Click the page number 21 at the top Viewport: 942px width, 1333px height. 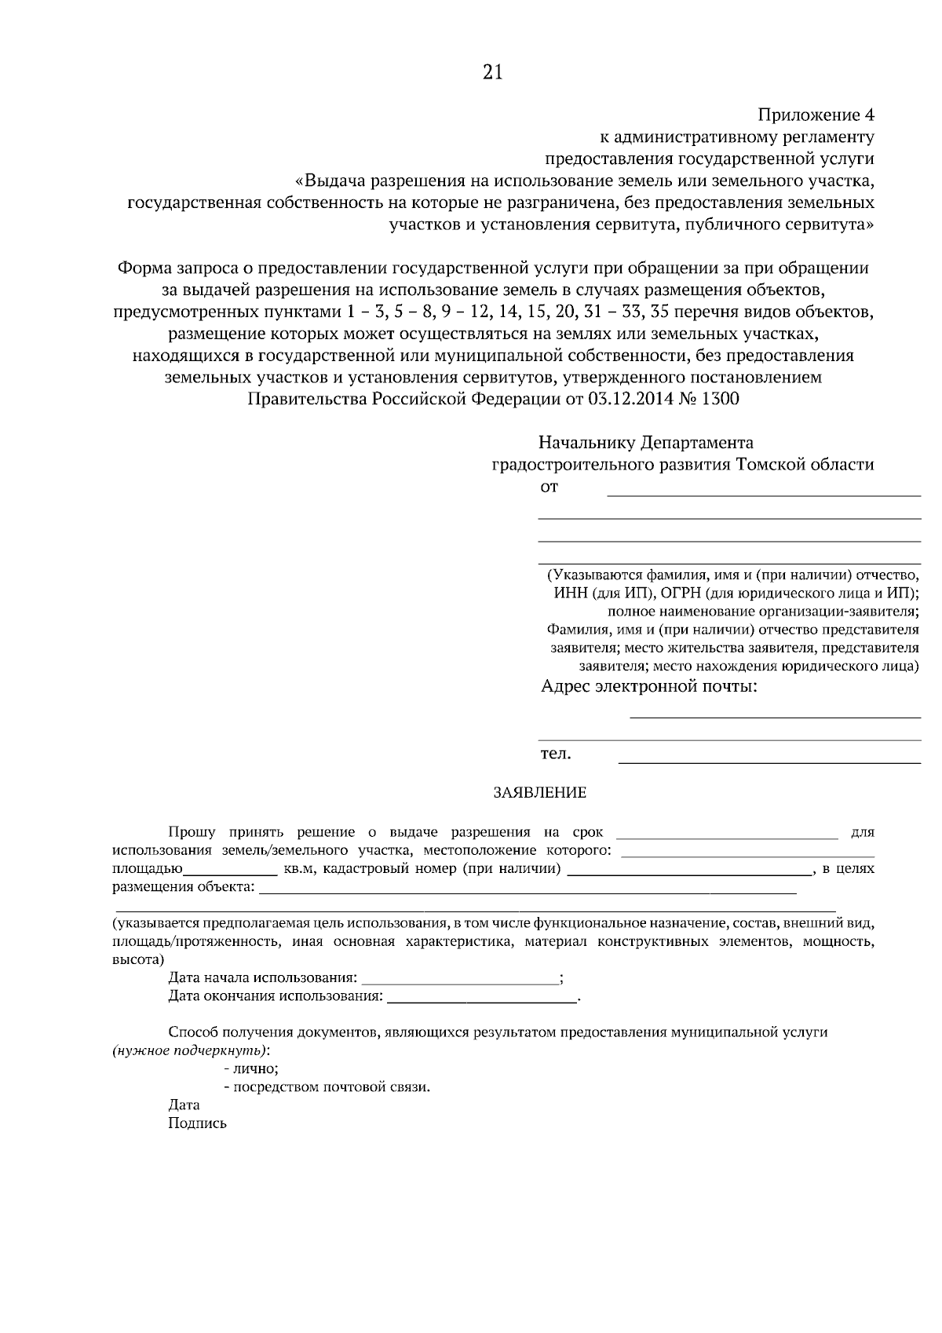click(x=492, y=73)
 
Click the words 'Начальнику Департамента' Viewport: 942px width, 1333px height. click(x=645, y=443)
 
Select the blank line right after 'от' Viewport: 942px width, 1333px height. click(x=763, y=495)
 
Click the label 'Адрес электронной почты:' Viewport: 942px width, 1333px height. click(x=649, y=688)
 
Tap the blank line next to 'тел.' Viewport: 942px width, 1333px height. click(x=769, y=761)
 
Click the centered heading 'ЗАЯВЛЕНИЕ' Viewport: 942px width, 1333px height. click(x=539, y=793)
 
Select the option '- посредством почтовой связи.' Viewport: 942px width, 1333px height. click(x=327, y=1088)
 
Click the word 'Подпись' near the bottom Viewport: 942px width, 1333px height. click(x=197, y=1123)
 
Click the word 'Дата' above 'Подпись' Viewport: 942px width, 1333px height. click(x=184, y=1105)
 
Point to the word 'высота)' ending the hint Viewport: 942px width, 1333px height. click(x=138, y=959)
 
